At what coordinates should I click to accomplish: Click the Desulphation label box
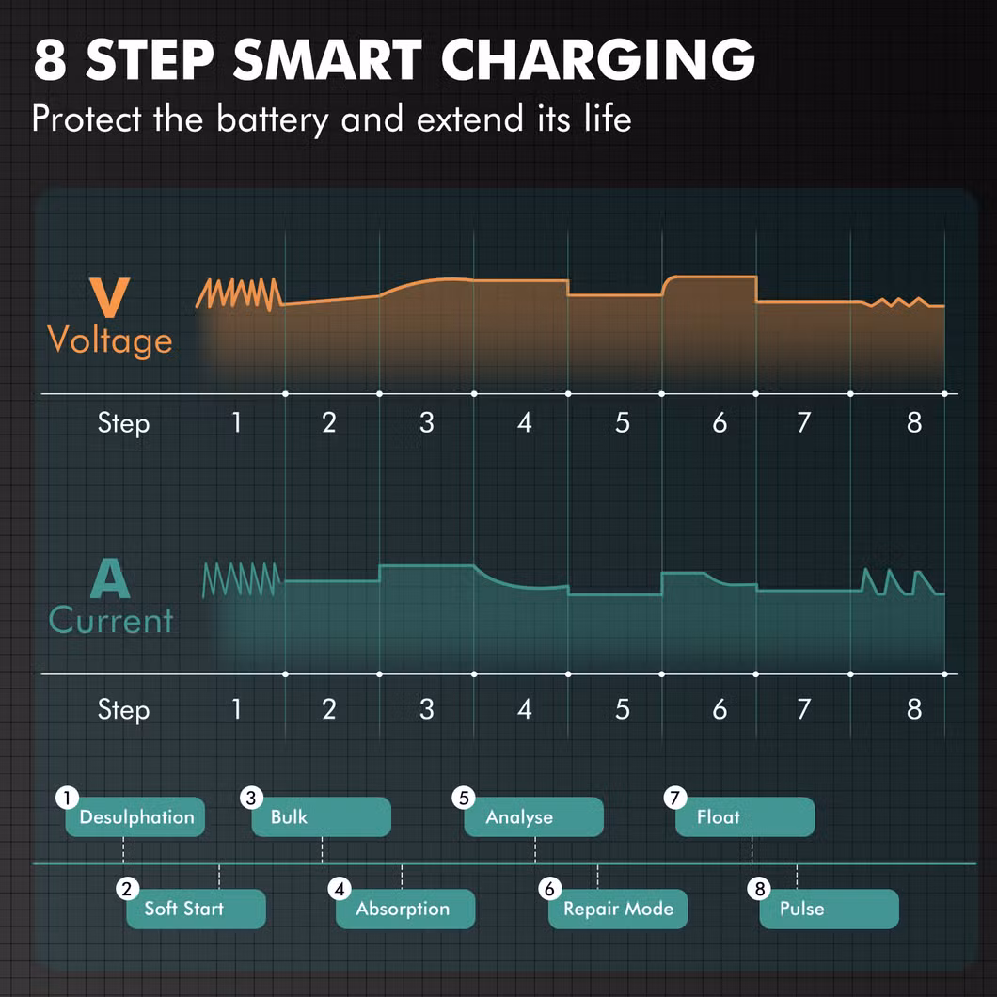coord(135,816)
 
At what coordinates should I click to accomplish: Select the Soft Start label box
coord(196,909)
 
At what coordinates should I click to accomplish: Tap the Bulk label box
coord(321,816)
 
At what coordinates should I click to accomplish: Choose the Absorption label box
coord(405,909)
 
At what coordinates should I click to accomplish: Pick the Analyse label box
coord(533,816)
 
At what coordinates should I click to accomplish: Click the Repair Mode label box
coord(618,909)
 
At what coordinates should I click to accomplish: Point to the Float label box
coord(745,816)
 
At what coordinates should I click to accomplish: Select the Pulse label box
coord(830,909)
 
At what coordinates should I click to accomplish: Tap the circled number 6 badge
coord(550,888)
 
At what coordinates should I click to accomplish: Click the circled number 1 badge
coord(67,797)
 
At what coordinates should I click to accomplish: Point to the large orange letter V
coord(109,297)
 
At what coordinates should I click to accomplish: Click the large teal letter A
coord(110,578)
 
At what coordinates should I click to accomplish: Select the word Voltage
coord(110,340)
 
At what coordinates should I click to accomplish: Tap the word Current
coord(111,620)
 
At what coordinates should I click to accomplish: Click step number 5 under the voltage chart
coord(622,423)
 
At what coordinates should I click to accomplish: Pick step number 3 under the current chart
coord(427,709)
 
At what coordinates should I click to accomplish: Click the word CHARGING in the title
coord(597,59)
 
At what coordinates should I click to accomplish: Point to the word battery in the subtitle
coord(273,119)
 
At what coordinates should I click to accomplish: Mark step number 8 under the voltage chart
coord(914,423)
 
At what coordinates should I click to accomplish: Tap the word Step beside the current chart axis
coord(123,709)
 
